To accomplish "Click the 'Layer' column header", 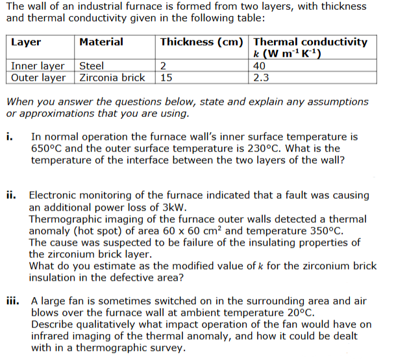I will [x=26, y=42].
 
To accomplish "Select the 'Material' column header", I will [x=101, y=42].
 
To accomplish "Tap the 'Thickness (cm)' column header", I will [x=202, y=42].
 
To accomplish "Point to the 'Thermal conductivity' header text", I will [x=311, y=42].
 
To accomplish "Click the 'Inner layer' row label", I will [x=38, y=66].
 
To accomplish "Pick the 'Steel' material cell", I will [x=91, y=66].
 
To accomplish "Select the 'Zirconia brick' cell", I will [x=112, y=77].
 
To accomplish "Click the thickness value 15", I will [x=166, y=77].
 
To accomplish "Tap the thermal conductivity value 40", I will [x=260, y=66].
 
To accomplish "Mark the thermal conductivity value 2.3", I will [x=262, y=77].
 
